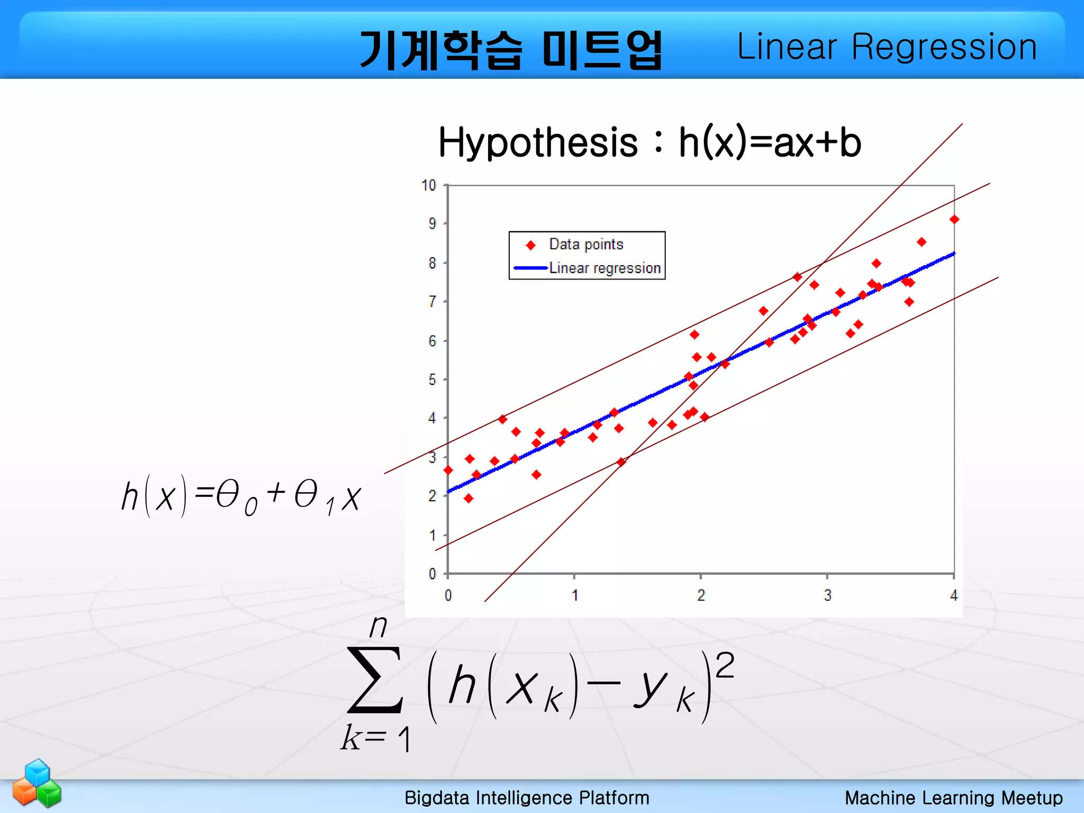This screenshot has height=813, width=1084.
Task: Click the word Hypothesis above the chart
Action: point(538,143)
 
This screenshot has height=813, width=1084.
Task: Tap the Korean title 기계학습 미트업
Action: point(510,50)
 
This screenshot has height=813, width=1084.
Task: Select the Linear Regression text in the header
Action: point(887,47)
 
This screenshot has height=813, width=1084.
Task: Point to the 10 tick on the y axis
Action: point(429,185)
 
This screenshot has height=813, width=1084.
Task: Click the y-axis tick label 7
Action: point(432,302)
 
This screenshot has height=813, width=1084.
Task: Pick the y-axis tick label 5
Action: point(432,380)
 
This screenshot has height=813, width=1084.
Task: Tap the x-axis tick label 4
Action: point(954,595)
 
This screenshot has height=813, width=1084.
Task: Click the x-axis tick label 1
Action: point(575,595)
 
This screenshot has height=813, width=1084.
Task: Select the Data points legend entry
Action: point(586,244)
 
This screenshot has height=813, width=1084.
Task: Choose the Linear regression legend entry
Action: point(604,268)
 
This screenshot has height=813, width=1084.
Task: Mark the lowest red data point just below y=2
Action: point(468,498)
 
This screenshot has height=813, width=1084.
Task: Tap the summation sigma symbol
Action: point(375,680)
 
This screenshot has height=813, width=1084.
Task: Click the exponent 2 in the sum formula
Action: point(725,665)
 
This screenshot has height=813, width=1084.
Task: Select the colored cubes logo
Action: point(37,783)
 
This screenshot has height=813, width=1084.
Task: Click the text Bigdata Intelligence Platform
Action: point(527,798)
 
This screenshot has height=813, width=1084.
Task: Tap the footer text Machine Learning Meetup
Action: point(953,798)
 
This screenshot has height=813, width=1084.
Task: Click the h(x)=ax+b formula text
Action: point(770,143)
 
